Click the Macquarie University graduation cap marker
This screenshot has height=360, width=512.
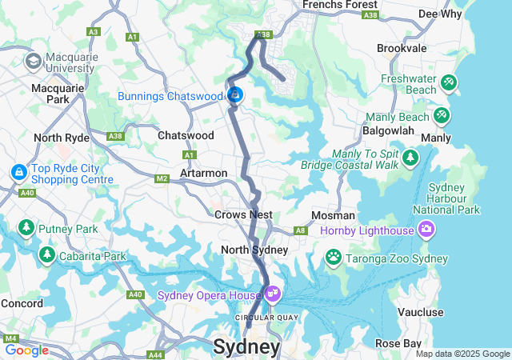[x=34, y=61]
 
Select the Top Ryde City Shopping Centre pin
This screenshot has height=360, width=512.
[x=18, y=172]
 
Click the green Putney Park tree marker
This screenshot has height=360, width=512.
[x=26, y=228]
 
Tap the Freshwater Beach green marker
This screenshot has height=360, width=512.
[x=449, y=82]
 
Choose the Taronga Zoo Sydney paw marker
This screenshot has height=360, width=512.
[x=333, y=258]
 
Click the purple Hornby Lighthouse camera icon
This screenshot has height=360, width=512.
[x=426, y=230]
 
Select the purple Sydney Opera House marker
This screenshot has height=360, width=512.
[x=273, y=294]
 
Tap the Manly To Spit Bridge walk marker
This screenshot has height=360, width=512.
[x=410, y=157]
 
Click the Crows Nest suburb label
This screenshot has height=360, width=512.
[x=243, y=214]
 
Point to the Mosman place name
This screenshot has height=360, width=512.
[x=333, y=215]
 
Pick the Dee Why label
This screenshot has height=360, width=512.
[x=439, y=14]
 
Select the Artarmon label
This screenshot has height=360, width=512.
[x=204, y=173]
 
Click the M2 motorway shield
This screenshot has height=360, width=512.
[x=162, y=178]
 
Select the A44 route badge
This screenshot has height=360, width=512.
[x=155, y=354]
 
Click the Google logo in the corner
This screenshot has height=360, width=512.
[x=26, y=350]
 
